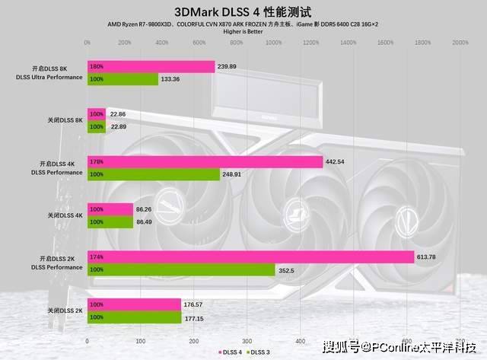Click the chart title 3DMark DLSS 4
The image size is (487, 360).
point(243,11)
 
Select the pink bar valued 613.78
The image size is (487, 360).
point(250,256)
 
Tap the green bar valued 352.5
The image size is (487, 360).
point(181,269)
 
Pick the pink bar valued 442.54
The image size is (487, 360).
point(205,161)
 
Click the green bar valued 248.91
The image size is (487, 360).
point(154,174)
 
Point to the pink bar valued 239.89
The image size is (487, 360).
point(151,66)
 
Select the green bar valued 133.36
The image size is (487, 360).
point(123,79)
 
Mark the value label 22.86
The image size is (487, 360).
point(119,114)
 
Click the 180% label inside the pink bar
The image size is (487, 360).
point(97,66)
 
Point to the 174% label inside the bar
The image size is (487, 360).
point(97,256)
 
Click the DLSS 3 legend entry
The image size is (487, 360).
point(260,352)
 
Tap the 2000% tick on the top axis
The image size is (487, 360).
point(460,43)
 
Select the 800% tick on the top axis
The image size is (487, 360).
point(237,43)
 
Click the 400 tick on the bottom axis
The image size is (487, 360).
point(301,340)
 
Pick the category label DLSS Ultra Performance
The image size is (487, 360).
point(49,77)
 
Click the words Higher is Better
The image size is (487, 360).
point(243,31)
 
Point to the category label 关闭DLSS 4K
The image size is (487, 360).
point(65,215)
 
